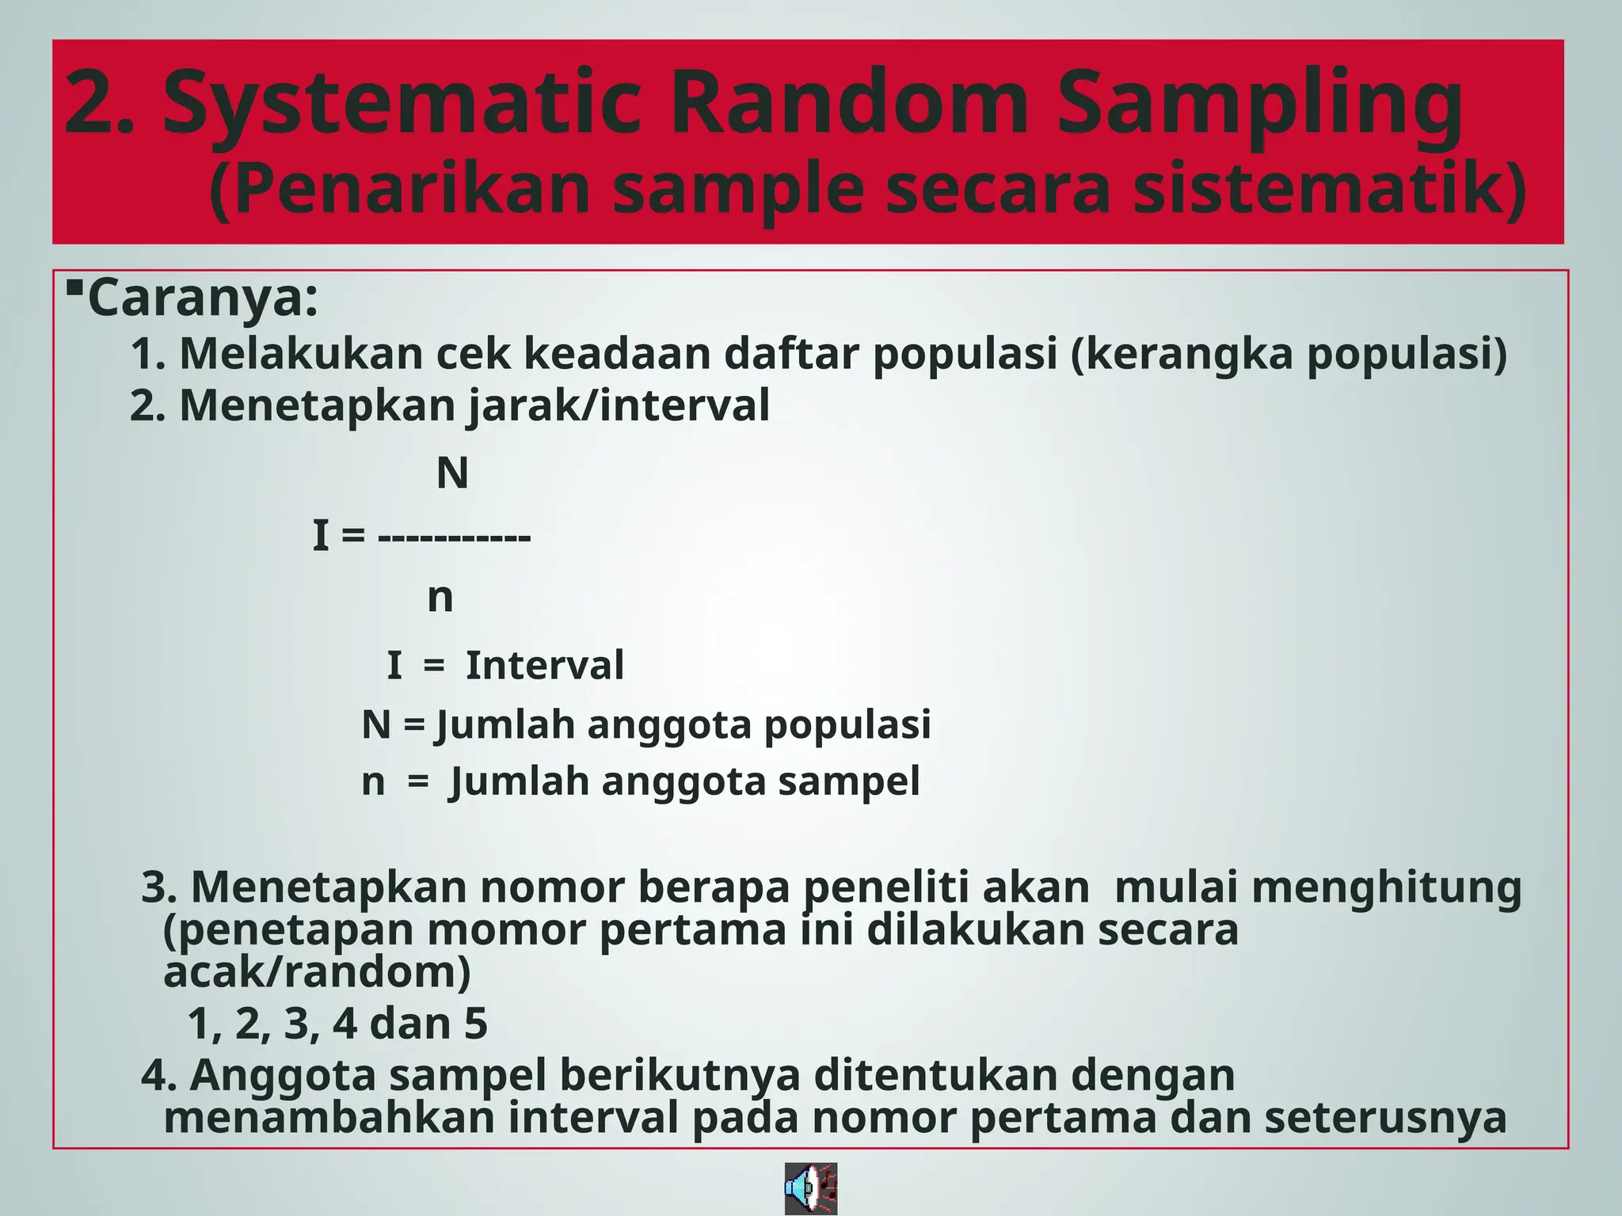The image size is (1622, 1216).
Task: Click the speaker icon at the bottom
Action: pyautogui.click(x=810, y=1188)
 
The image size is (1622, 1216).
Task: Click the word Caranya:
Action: pyautogui.click(x=203, y=298)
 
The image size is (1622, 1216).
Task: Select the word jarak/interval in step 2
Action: pyautogui.click(x=619, y=406)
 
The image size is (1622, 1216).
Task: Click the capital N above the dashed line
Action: pyautogui.click(x=452, y=473)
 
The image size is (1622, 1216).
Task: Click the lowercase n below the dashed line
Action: pyautogui.click(x=440, y=598)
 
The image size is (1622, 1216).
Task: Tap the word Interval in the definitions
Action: pyautogui.click(x=545, y=665)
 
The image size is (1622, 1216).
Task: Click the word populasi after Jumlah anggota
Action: pyautogui.click(x=847, y=725)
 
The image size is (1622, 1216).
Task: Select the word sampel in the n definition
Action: pyautogui.click(x=848, y=782)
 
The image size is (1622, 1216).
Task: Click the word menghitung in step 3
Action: pyautogui.click(x=1386, y=887)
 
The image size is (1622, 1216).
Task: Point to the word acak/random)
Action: pyautogui.click(x=317, y=972)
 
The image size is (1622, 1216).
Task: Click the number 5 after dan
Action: pyautogui.click(x=475, y=1024)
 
